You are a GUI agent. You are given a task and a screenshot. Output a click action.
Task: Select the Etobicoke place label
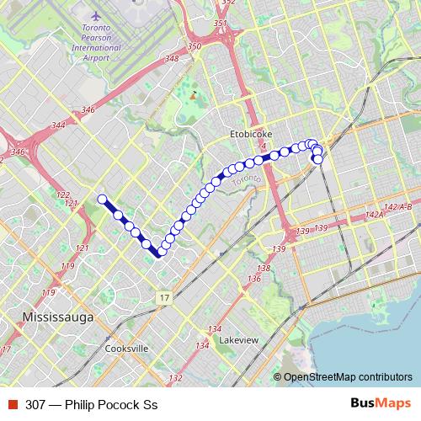[249, 134]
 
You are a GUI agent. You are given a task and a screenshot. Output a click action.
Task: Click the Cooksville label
[127, 349]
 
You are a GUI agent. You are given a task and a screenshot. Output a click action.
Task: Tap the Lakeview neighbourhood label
[238, 340]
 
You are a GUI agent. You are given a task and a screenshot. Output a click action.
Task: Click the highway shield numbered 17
[163, 298]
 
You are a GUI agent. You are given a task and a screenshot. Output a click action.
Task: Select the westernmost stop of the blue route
[102, 200]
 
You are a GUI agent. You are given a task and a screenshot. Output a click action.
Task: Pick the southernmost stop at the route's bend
[159, 252]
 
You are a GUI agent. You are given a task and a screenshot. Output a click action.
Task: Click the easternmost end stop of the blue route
[317, 158]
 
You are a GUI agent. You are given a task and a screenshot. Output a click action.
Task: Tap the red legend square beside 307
[13, 404]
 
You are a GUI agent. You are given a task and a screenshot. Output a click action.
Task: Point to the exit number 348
[173, 58]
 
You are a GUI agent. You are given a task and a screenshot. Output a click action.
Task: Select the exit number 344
[58, 125]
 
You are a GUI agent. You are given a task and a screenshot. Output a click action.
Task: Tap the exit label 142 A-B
[397, 206]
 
